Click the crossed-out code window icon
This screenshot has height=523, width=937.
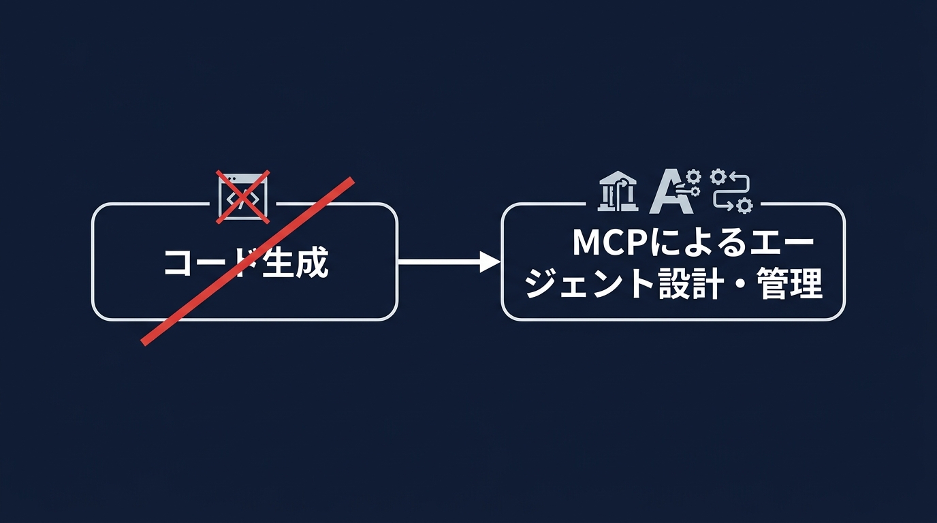pos(243,197)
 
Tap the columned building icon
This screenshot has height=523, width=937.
pos(618,191)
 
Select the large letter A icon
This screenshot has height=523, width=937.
pos(667,193)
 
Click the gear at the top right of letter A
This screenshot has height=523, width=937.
pos(693,178)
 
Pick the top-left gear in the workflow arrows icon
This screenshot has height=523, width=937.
pos(718,177)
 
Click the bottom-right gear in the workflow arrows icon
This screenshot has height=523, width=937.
pos(744,204)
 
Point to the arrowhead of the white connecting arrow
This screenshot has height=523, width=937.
pos(492,261)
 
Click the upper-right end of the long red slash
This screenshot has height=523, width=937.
pos(352,180)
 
